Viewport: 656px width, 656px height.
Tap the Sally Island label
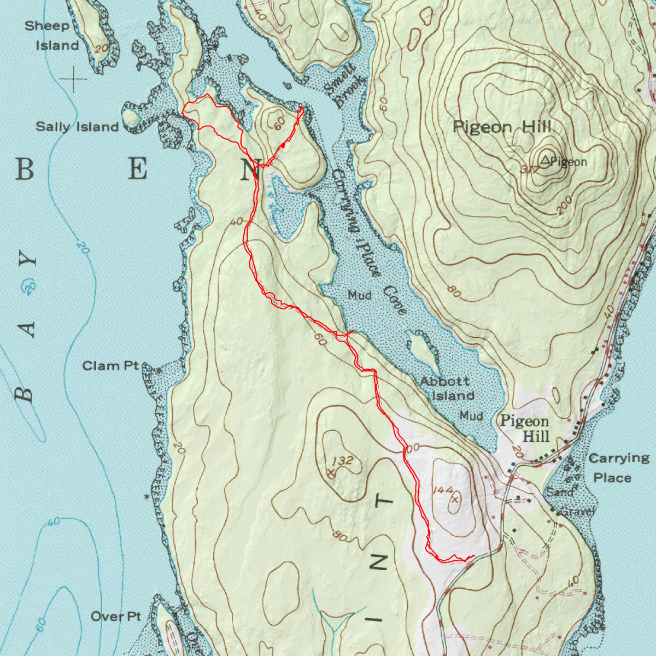click(x=77, y=127)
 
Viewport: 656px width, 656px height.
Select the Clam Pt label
click(x=111, y=365)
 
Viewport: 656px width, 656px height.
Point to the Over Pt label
click(x=116, y=617)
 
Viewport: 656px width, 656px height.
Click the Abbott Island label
click(x=446, y=388)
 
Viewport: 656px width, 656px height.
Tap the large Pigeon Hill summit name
click(x=502, y=127)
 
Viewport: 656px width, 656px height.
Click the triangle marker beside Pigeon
click(x=545, y=160)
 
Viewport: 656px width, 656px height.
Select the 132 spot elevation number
click(x=342, y=461)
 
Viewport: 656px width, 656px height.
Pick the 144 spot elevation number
click(x=443, y=490)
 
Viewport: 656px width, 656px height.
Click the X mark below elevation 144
click(x=455, y=499)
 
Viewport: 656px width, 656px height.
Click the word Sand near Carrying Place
click(x=560, y=493)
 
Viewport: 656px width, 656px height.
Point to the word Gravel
click(x=578, y=512)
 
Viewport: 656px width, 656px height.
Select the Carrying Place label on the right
click(x=616, y=467)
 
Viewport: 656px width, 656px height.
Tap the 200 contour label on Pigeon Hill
click(x=565, y=204)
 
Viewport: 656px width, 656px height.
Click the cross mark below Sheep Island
click(x=74, y=80)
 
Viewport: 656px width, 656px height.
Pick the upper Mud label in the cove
click(x=360, y=295)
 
